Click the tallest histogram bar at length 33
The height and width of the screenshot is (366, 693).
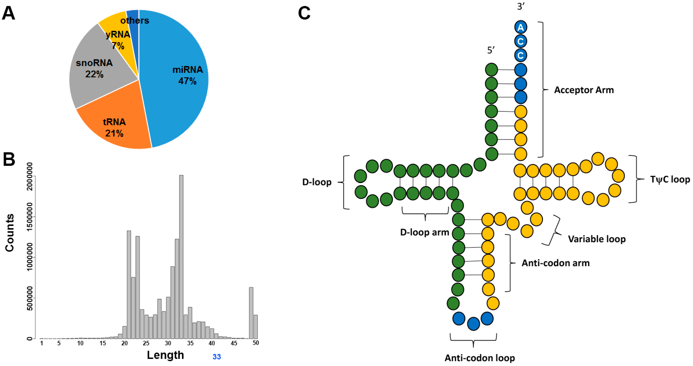click(x=181, y=256)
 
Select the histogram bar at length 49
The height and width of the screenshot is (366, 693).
click(x=251, y=312)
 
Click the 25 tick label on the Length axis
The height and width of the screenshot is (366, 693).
click(x=146, y=343)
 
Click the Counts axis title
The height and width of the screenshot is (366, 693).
click(x=10, y=233)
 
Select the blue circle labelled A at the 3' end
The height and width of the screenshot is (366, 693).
click(x=521, y=27)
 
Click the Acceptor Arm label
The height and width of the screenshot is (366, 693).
click(x=584, y=90)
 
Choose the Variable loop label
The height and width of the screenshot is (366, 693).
click(x=597, y=239)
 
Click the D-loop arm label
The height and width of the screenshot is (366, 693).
click(x=424, y=232)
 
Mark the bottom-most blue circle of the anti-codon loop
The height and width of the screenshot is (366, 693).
click(x=473, y=324)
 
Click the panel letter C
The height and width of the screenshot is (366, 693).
click(x=304, y=13)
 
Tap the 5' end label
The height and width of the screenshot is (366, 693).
click(x=491, y=50)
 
